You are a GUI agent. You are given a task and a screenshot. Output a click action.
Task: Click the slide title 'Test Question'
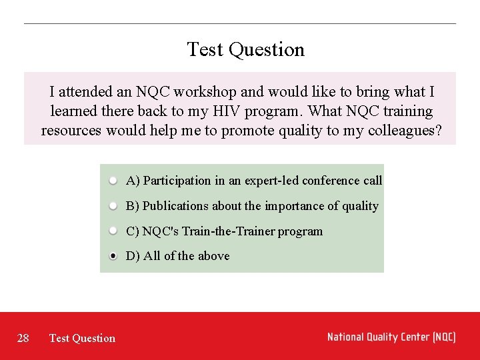click(x=245, y=49)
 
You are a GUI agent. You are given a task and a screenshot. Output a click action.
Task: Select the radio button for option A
click(x=114, y=181)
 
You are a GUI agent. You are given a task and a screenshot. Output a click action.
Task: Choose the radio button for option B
click(x=114, y=206)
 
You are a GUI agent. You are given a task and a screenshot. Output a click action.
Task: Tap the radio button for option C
click(x=114, y=231)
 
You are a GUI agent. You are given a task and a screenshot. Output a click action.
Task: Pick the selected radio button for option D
click(x=114, y=256)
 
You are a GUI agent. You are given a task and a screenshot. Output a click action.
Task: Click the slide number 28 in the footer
click(x=23, y=338)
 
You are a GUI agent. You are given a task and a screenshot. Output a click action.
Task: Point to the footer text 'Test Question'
click(x=82, y=338)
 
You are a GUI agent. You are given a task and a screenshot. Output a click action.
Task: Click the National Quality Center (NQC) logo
click(x=391, y=337)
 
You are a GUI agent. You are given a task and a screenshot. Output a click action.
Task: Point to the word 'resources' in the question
click(x=71, y=131)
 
